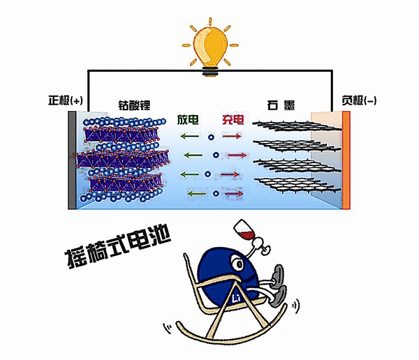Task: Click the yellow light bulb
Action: (210, 48)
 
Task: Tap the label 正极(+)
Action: (66, 101)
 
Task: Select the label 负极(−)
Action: (359, 101)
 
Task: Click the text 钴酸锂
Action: (134, 105)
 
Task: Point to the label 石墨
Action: (281, 105)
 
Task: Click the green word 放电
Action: (188, 119)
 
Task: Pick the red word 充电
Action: (233, 119)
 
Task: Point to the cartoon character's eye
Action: (237, 264)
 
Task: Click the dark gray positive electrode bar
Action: (72, 160)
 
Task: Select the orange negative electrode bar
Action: (346, 160)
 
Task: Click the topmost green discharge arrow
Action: (190, 136)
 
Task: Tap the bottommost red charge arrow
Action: (234, 194)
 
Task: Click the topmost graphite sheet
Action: (297, 126)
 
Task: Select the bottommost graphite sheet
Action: (297, 185)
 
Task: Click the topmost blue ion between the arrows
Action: (212, 137)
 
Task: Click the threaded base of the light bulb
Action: (210, 72)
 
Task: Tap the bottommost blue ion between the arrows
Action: (216, 194)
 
